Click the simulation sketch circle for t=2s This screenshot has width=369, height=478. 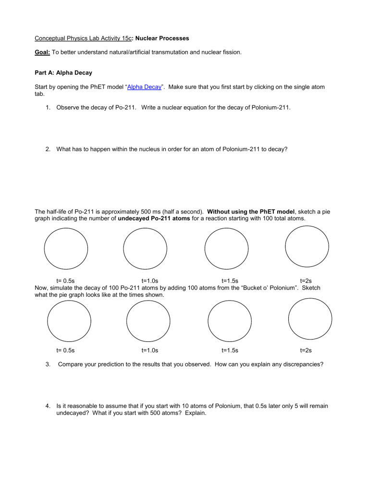310,319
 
